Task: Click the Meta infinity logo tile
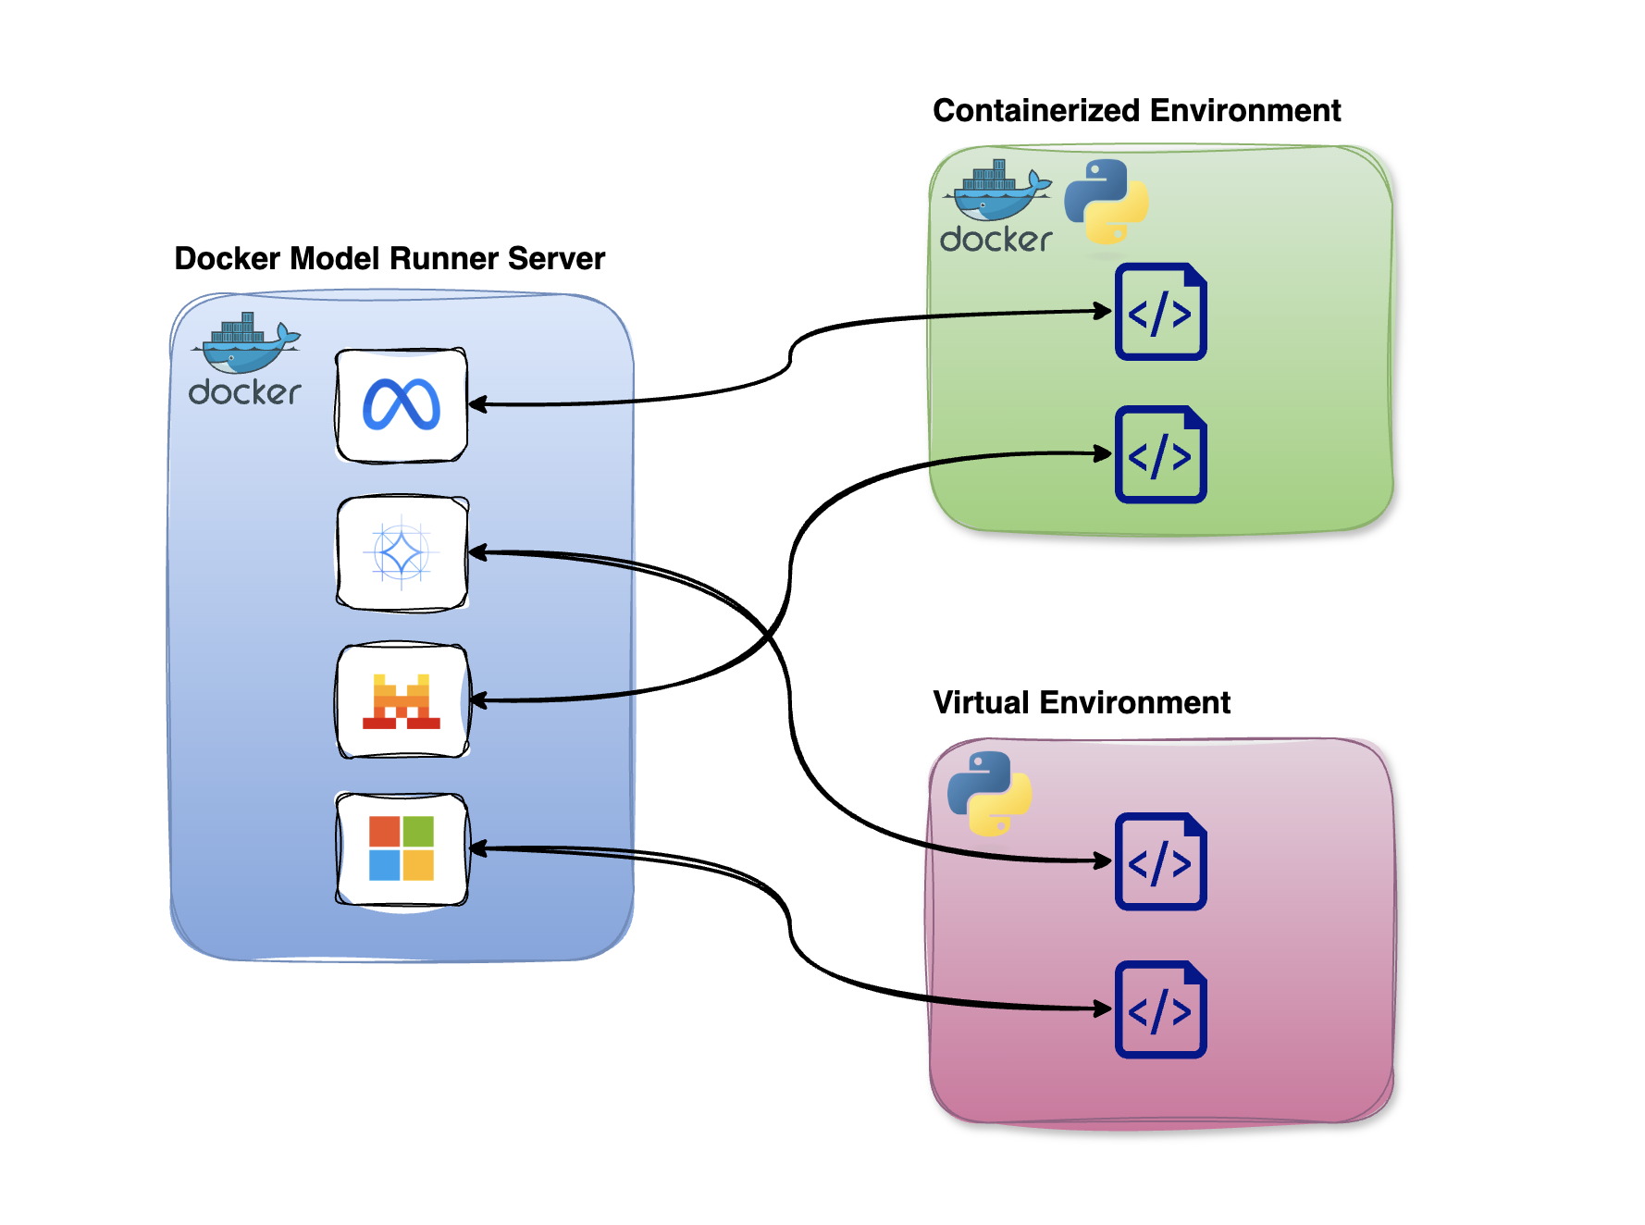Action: pos(402,405)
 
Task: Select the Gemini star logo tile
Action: pos(402,553)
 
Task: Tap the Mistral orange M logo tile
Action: pos(402,701)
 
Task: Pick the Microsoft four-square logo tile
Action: pos(402,848)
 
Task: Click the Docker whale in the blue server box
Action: pos(246,342)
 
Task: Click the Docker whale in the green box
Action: pos(997,190)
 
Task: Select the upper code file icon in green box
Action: pos(1160,312)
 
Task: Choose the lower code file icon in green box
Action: pos(1160,454)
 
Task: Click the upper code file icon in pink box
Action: pos(1160,861)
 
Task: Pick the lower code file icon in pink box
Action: pos(1160,1009)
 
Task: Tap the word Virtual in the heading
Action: pos(981,703)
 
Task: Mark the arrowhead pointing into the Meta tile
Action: pos(477,404)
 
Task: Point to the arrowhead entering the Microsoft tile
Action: pos(478,848)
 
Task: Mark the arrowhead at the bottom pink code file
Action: pos(1103,1008)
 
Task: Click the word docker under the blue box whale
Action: pos(244,393)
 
